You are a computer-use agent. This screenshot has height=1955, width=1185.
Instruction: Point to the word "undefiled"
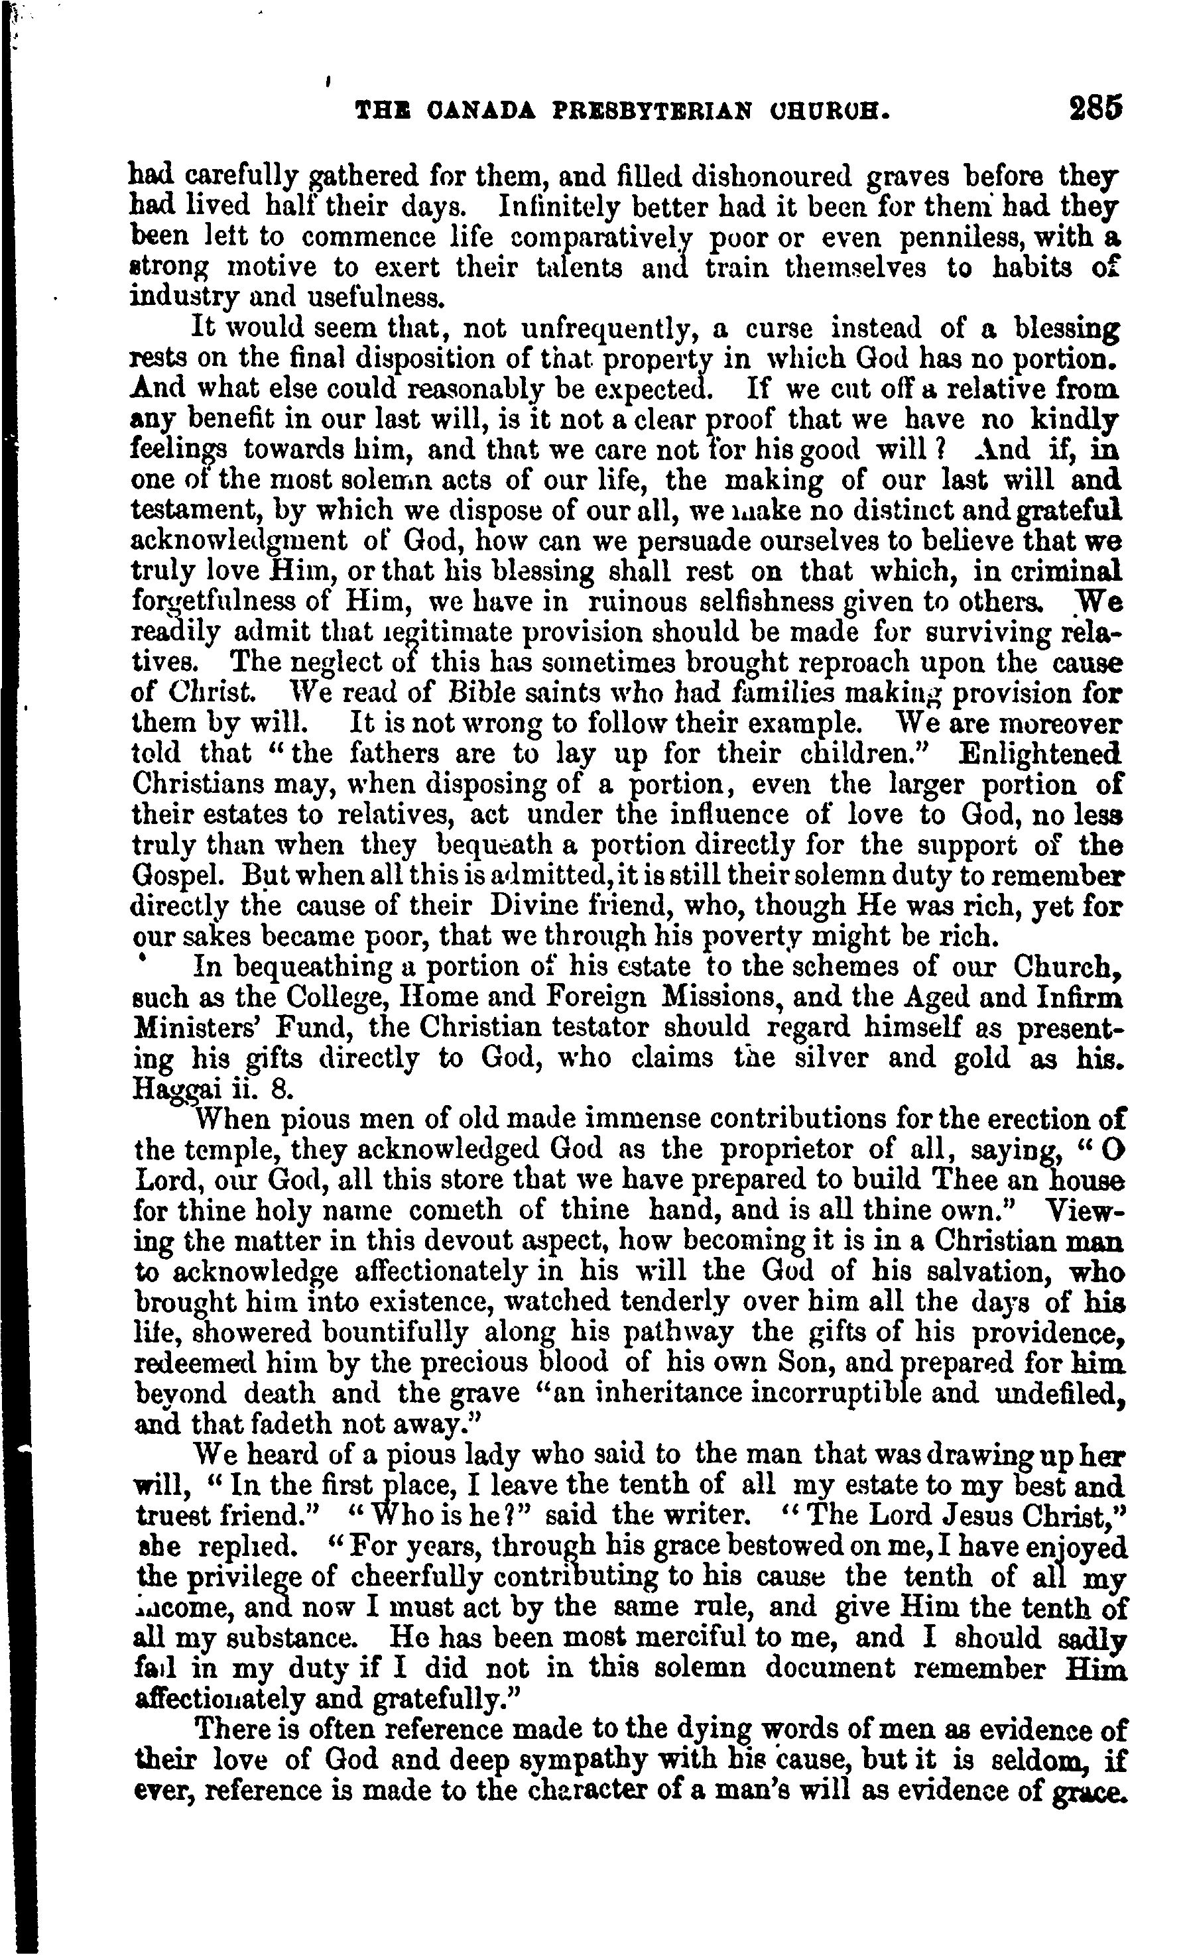pos(1056,1394)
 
